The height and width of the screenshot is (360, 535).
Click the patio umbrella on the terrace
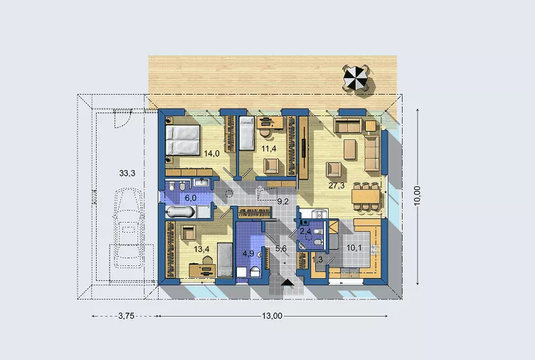[355, 78]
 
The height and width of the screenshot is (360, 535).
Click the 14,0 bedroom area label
[212, 153]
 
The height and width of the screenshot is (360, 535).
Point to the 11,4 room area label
[268, 149]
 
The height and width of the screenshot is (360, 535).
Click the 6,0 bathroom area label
[190, 199]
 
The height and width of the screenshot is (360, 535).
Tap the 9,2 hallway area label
[282, 201]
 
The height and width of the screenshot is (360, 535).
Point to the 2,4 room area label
[306, 231]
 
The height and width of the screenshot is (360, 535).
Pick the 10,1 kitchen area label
[354, 248]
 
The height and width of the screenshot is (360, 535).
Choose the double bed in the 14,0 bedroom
[183, 140]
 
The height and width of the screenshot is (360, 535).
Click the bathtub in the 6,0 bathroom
[179, 213]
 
